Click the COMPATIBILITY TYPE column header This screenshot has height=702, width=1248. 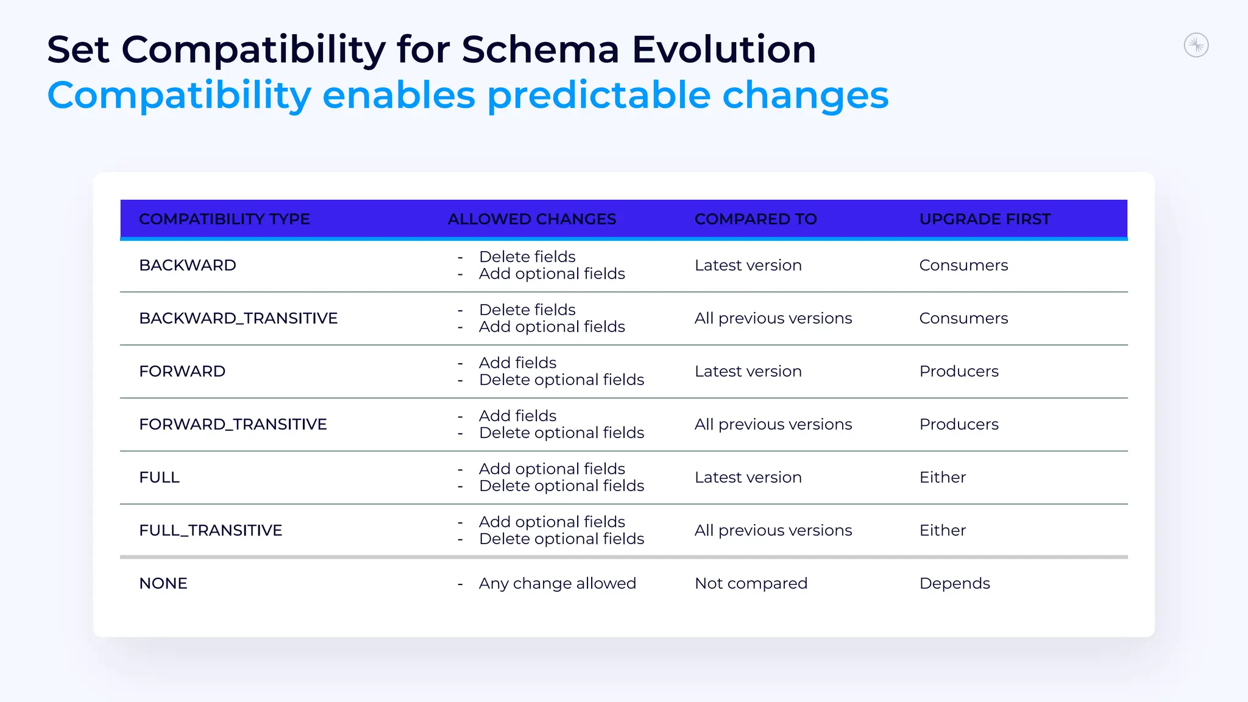(224, 219)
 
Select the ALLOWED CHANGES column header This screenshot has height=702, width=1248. (531, 219)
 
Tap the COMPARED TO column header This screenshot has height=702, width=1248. (755, 219)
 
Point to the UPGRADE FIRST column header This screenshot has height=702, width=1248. (984, 219)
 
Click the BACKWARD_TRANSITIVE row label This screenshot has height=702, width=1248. (238, 319)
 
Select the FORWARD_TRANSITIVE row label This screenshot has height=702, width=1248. (233, 425)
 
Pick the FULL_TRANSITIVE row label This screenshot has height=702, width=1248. (210, 531)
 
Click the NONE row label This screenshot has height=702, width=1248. (163, 584)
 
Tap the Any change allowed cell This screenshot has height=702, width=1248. (557, 584)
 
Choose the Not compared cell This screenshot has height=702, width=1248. (750, 584)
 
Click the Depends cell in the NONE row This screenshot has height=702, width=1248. (954, 584)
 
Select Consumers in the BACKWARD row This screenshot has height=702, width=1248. (963, 266)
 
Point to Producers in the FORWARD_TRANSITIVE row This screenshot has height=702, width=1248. (959, 425)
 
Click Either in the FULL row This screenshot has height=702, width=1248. (942, 478)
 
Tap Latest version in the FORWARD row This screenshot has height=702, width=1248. (748, 372)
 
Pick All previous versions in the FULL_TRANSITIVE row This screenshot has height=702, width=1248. (773, 531)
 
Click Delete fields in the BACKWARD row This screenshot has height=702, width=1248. (526, 257)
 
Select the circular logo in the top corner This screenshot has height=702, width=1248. (1196, 46)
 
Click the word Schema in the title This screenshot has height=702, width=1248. (540, 50)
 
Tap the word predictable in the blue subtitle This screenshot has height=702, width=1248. (598, 96)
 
